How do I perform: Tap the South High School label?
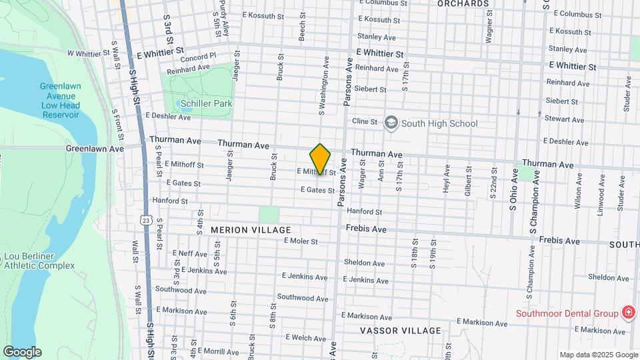439,123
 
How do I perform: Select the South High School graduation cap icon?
391,123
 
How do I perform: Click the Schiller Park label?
207,103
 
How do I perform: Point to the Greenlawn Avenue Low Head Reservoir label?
60,101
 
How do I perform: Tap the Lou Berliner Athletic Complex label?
39,261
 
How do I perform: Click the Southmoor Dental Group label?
567,313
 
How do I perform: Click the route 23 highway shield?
147,219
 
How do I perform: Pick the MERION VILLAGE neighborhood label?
241,229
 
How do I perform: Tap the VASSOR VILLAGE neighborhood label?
400,331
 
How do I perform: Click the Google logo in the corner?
22,352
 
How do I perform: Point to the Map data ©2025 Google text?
598,355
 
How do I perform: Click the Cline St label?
365,121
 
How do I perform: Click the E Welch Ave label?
306,337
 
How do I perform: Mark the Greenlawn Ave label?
95,149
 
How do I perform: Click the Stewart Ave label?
564,119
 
